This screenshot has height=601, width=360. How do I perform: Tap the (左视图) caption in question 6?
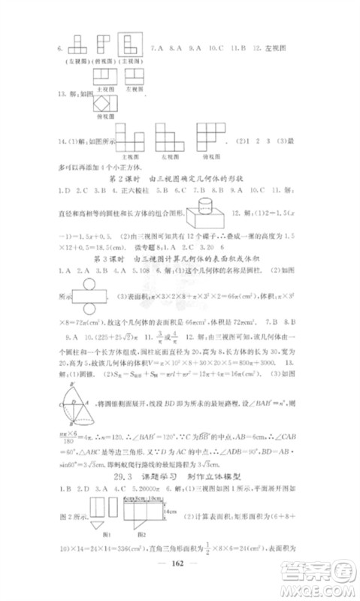(72, 58)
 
